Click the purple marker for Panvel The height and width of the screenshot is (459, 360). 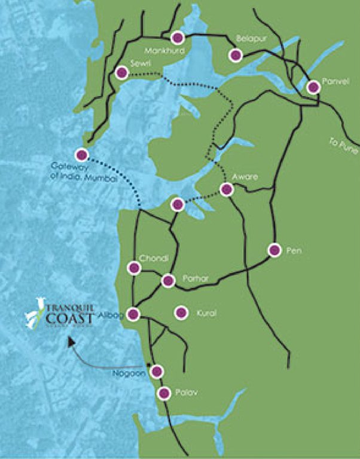pos(313,87)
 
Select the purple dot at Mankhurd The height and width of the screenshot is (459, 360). pos(177,38)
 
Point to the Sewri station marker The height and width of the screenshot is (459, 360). pos(122,73)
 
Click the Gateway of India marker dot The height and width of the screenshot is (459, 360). pos(82,155)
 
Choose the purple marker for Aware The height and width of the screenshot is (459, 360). pos(226,189)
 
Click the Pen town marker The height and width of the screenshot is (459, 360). pos(274,250)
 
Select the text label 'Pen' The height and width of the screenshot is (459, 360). pos(293,251)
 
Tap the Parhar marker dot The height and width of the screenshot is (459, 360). pos(168,280)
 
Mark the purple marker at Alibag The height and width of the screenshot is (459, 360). pos(134,314)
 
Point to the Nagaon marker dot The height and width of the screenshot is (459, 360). pos(157,371)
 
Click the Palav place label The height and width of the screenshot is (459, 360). pos(186,393)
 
